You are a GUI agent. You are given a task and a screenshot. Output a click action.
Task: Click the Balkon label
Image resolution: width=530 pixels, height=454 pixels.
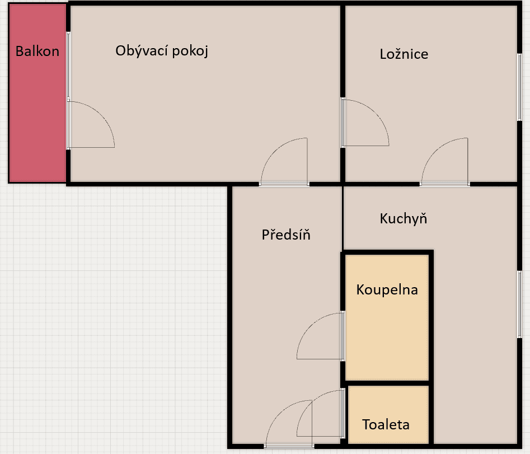pyautogui.click(x=37, y=52)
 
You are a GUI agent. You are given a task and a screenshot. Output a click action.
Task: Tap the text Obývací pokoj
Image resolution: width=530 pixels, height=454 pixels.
pyautogui.click(x=162, y=51)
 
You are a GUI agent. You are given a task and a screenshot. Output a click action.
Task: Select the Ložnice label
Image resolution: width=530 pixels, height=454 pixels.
pyautogui.click(x=404, y=54)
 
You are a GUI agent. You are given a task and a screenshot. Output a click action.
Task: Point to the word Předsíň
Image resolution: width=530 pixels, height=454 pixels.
pyautogui.click(x=286, y=235)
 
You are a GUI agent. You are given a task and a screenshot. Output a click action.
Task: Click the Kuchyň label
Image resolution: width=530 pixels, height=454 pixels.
pyautogui.click(x=404, y=219)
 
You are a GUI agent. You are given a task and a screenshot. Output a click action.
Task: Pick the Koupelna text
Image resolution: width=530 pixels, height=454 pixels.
pyautogui.click(x=387, y=290)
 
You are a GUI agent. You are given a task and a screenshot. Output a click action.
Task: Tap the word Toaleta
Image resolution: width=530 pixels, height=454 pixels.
pyautogui.click(x=386, y=424)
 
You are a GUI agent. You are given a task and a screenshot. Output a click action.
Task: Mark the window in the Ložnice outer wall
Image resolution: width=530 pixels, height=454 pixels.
pyautogui.click(x=519, y=87)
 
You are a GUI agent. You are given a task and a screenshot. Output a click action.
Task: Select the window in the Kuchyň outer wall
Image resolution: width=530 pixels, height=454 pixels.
pyautogui.click(x=519, y=304)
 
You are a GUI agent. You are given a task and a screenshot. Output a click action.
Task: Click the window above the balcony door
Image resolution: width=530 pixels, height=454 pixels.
pyautogui.click(x=68, y=66)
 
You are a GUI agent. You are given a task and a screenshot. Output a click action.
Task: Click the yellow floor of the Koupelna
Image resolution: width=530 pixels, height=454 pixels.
pyautogui.click(x=387, y=335)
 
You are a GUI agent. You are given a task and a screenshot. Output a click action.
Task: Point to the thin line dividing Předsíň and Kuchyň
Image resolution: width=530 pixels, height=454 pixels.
pyautogui.click(x=343, y=218)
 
